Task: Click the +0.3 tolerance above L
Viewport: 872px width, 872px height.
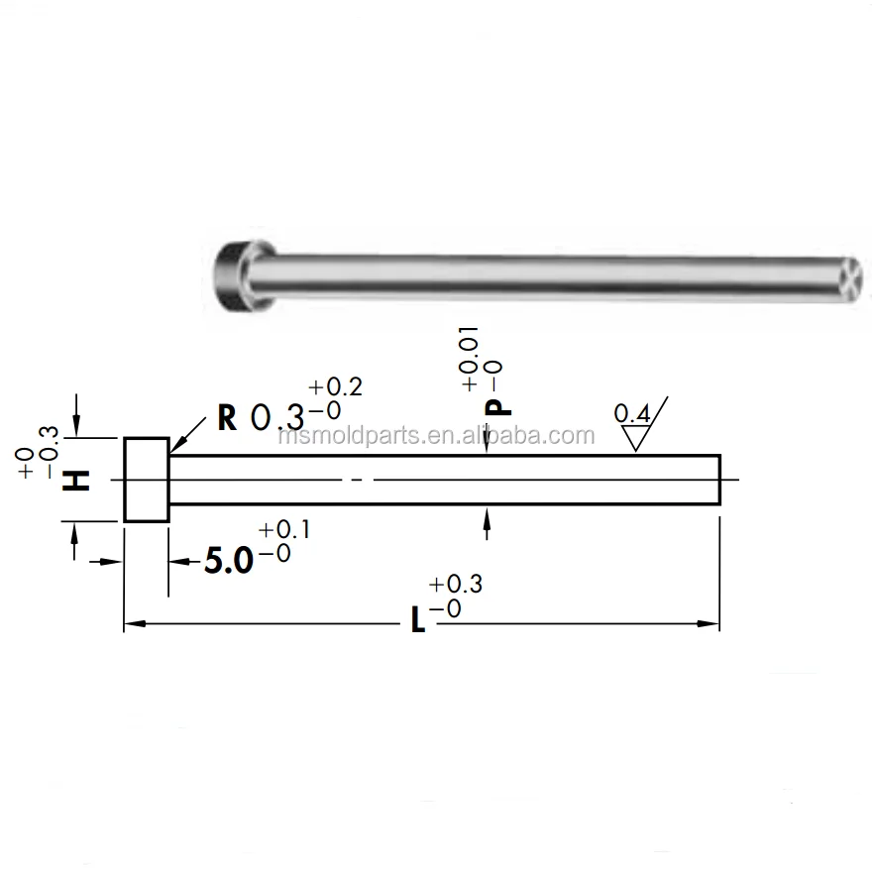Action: pos(457,585)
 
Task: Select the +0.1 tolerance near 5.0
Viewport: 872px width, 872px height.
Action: pos(284,530)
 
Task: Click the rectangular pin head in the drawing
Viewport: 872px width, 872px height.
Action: pos(146,480)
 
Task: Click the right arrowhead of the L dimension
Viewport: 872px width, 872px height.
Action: pos(709,624)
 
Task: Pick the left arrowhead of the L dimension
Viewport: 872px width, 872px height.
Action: pos(132,624)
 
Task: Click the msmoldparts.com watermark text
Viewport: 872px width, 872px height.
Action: pos(436,436)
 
